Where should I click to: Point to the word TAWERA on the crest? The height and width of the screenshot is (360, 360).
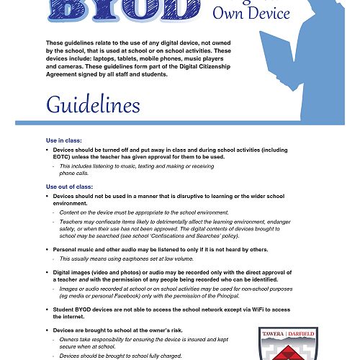(x=274, y=333)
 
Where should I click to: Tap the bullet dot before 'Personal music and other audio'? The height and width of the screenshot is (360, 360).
(x=48, y=249)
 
